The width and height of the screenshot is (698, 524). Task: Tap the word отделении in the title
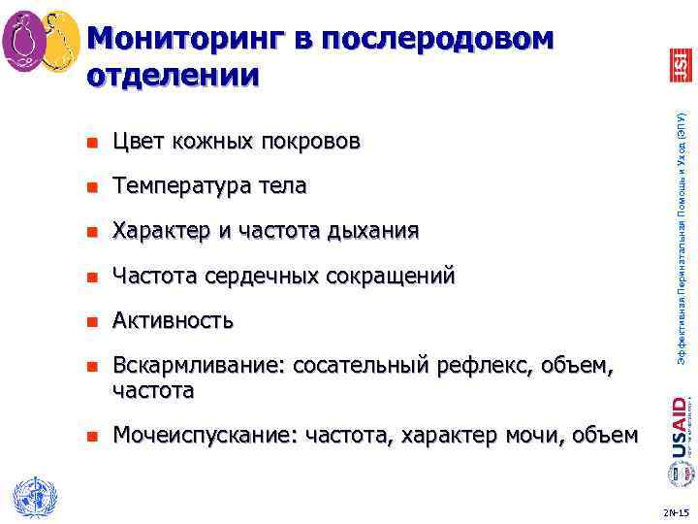(x=173, y=75)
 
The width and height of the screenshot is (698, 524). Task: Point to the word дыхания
(x=373, y=230)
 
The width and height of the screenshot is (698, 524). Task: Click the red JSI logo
(x=680, y=65)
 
